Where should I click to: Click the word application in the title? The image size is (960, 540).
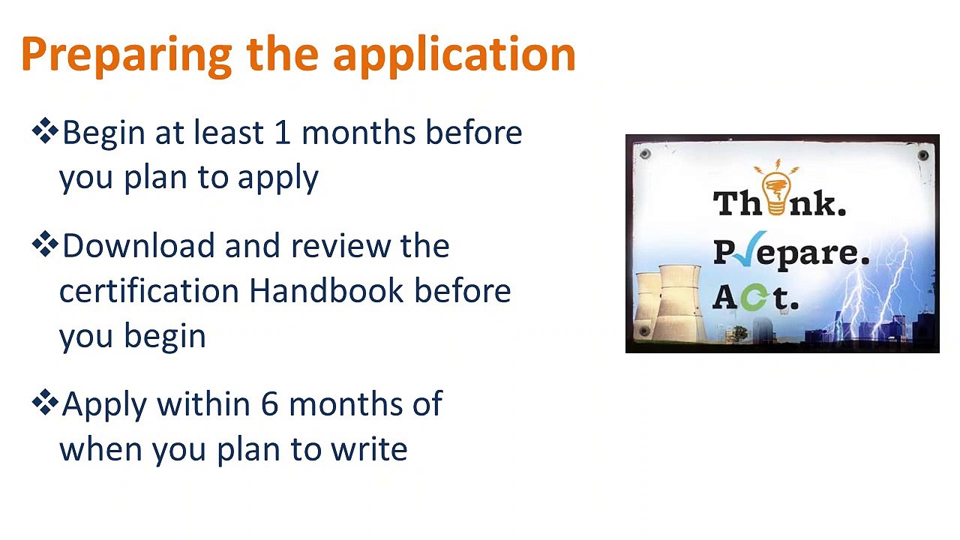click(454, 55)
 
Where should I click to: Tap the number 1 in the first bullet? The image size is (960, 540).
click(283, 132)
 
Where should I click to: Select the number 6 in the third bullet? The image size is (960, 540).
click(269, 403)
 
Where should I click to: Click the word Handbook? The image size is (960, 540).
click(326, 290)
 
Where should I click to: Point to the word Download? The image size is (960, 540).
click(139, 246)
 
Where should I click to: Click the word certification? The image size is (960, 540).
click(148, 290)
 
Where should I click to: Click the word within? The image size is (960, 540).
click(203, 403)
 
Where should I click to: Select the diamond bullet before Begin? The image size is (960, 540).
click(45, 130)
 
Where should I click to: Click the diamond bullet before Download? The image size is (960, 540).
click(45, 244)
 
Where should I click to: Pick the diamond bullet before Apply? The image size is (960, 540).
click(45, 403)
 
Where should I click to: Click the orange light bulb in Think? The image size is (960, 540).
click(776, 187)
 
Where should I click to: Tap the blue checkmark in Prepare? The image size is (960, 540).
click(748, 248)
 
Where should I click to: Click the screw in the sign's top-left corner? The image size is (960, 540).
click(645, 154)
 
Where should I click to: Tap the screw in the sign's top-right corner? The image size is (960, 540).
click(923, 154)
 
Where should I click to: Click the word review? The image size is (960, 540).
click(340, 246)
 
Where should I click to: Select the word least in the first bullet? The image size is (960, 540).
click(229, 132)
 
